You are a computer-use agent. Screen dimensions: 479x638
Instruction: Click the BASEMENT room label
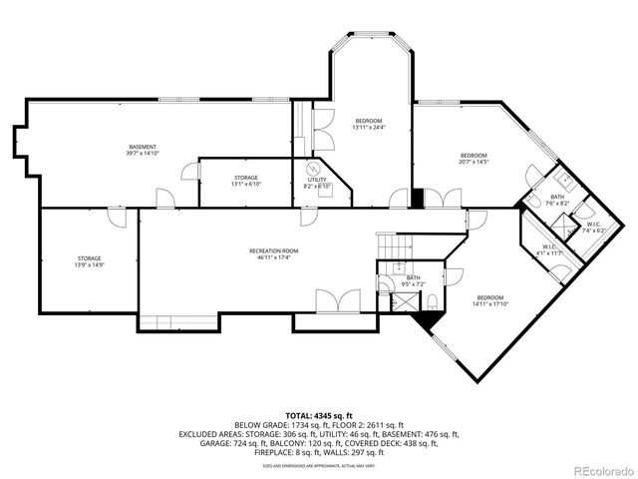(143, 150)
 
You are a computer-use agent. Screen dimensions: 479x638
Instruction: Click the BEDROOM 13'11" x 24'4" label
(368, 124)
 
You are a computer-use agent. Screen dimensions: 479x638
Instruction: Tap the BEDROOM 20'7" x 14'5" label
(473, 158)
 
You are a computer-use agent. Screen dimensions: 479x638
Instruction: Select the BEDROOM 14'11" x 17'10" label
(489, 301)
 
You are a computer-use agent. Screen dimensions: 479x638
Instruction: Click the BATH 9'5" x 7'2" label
(413, 280)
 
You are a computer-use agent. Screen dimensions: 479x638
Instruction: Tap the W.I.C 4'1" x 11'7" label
(549, 250)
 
